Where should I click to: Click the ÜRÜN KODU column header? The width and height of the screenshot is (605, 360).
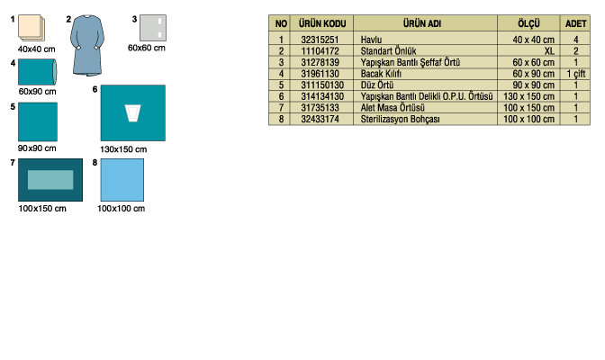(322, 23)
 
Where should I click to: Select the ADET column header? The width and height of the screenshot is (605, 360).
(575, 23)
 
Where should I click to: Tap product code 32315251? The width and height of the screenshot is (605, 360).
(320, 40)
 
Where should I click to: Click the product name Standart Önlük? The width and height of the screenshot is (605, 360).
(388, 51)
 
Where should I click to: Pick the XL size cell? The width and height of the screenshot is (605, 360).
(549, 51)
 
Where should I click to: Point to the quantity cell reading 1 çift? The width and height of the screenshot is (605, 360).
(575, 74)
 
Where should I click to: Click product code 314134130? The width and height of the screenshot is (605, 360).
(322, 96)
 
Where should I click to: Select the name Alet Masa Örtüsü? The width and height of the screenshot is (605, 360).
(393, 108)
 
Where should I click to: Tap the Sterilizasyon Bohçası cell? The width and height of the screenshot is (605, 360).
(400, 119)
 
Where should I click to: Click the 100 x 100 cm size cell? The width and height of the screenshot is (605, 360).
(528, 119)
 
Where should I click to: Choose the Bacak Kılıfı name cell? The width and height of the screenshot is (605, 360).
(381, 74)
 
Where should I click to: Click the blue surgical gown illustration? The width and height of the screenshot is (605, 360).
(87, 45)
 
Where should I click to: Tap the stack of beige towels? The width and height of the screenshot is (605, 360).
(32, 28)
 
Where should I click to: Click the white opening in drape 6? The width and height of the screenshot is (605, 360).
(132, 113)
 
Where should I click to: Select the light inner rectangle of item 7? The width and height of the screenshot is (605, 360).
(50, 180)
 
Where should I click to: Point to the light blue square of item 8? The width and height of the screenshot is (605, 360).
(122, 180)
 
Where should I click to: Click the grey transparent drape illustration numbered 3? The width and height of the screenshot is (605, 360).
(153, 28)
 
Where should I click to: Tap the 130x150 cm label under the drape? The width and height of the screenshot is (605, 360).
(123, 149)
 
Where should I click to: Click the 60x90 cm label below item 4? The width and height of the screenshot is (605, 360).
(38, 92)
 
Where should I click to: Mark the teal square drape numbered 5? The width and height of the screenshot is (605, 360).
(38, 121)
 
